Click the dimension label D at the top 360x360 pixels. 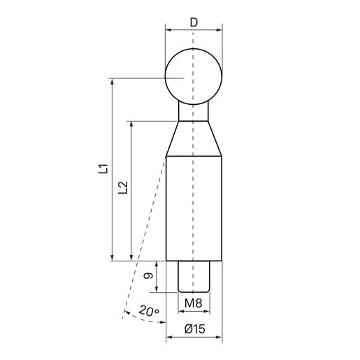click(x=194, y=22)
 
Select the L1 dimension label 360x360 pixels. click(x=103, y=169)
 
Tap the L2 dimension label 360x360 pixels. click(x=123, y=187)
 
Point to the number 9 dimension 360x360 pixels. click(x=148, y=276)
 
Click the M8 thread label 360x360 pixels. click(x=194, y=303)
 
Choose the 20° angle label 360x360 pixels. click(x=149, y=311)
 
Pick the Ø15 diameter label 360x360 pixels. click(x=195, y=329)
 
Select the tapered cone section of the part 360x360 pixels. click(x=194, y=138)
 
